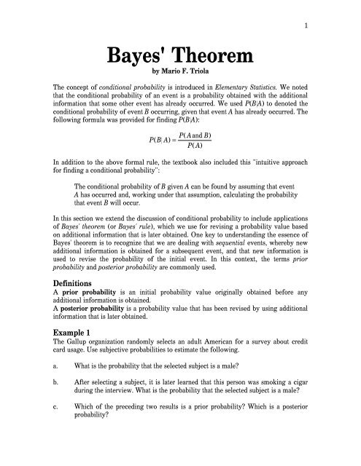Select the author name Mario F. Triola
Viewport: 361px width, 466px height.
(x=187, y=72)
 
